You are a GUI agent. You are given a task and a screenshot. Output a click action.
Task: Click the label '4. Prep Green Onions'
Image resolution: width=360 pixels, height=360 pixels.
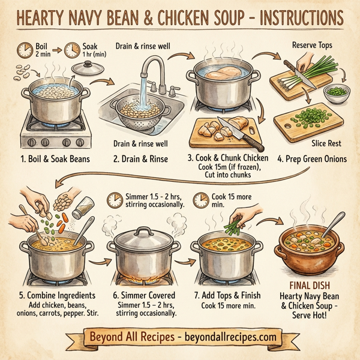tap(311, 160)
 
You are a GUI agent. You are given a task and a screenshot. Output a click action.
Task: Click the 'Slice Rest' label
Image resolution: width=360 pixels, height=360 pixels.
tap(323, 144)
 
